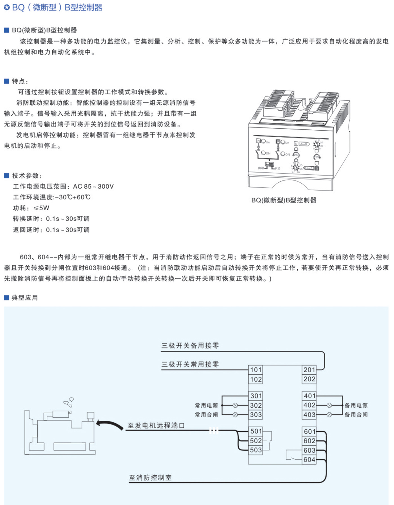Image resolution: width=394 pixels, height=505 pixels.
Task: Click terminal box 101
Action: coord(256,370)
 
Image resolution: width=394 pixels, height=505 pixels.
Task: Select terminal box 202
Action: coord(309,379)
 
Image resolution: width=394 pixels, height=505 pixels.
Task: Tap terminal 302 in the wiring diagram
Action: coord(256,405)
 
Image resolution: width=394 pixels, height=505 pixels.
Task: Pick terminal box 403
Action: coord(309,415)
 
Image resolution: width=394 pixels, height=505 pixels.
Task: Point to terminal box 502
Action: coord(256,441)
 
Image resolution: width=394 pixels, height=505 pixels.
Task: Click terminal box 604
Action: coord(309,460)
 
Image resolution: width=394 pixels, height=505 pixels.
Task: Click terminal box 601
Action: coord(309,431)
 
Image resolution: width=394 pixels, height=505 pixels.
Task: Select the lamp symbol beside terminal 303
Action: coord(235,415)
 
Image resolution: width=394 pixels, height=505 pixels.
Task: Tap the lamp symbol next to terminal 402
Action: coord(329,405)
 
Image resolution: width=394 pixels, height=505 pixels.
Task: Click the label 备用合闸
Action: coord(356,415)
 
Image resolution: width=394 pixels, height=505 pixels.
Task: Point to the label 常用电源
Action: coord(206,405)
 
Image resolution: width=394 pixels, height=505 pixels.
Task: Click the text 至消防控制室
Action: coord(150,478)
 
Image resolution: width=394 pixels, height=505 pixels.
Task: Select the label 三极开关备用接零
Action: coord(190,346)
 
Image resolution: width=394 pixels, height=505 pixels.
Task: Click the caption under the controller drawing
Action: coord(284,200)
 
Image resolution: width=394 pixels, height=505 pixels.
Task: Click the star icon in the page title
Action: coord(7,7)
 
